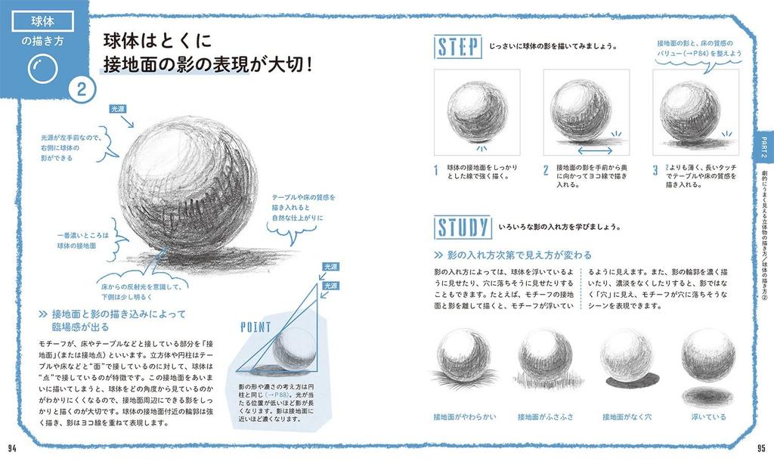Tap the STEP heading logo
coord(459,47)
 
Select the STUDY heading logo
coord(463,227)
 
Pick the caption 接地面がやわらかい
coord(464,416)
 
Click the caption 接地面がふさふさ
coord(545,416)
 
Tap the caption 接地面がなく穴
coord(627,416)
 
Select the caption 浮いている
coord(708,416)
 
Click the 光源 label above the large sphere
coord(119,109)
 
